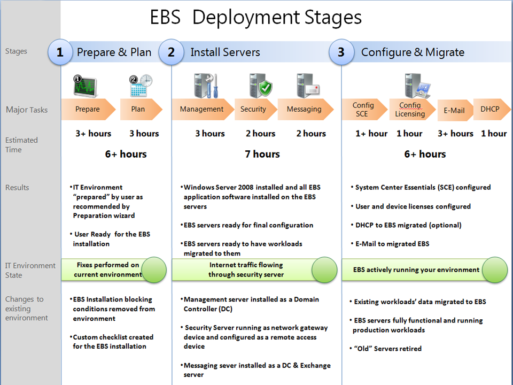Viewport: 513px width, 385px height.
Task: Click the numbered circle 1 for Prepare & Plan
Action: [60, 52]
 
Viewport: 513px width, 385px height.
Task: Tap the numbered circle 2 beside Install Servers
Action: [171, 52]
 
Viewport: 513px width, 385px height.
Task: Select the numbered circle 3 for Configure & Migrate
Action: [341, 52]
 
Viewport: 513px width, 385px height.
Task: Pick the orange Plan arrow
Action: [139, 109]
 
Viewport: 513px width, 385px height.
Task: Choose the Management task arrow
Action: [202, 109]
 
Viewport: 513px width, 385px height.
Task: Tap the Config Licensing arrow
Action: [410, 109]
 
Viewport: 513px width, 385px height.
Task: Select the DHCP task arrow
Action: [489, 109]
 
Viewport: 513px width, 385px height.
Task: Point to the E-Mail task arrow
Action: [454, 111]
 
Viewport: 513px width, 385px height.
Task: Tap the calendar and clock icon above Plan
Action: [141, 85]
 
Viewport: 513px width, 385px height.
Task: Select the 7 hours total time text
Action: [262, 154]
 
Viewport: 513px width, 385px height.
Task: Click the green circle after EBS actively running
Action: [494, 269]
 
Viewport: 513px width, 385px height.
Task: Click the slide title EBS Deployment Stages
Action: [255, 18]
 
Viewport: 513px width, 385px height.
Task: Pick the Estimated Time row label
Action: [21, 145]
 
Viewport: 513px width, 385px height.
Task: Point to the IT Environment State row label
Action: [30, 270]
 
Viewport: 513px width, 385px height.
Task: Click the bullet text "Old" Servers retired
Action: [387, 349]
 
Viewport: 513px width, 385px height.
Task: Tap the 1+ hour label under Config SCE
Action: [371, 134]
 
